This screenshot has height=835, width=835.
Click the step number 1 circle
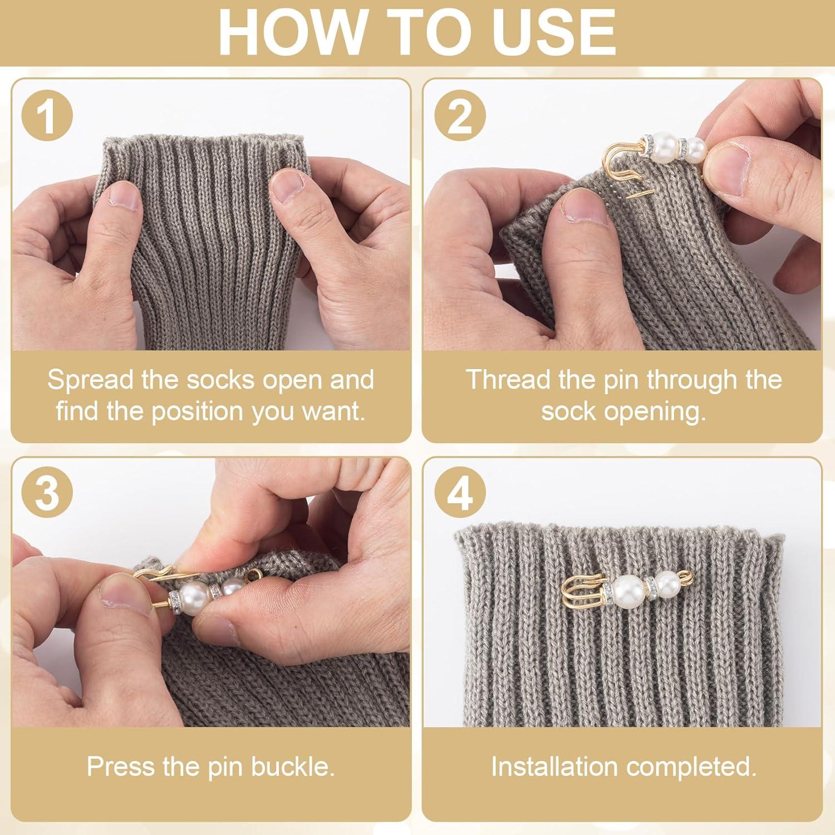coord(47,116)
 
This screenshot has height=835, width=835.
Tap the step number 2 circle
coord(460,116)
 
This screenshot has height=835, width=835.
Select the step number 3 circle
coord(47,493)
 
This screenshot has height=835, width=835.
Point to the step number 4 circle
coord(460,493)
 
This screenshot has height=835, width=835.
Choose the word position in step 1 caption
coord(198,412)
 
